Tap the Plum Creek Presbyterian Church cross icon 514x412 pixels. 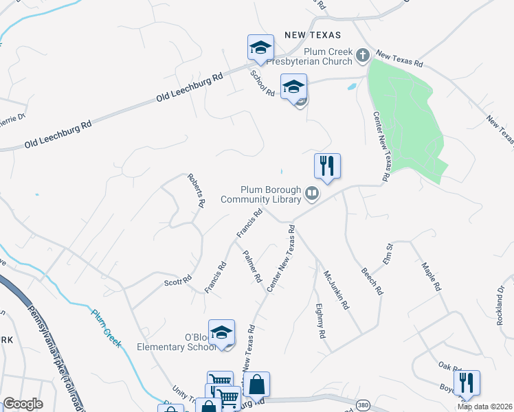[361, 58]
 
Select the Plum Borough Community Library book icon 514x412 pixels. [311, 194]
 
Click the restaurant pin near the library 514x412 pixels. [327, 165]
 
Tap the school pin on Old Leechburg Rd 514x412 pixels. [260, 47]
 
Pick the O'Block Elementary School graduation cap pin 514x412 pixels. [221, 333]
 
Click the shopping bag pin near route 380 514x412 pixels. [256, 386]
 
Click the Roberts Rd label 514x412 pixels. [197, 190]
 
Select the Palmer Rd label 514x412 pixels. [252, 266]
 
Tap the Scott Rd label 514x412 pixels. [177, 282]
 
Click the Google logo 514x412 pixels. [22, 404]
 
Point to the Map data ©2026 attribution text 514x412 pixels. [484, 407]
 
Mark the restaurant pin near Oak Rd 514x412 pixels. [467, 382]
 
